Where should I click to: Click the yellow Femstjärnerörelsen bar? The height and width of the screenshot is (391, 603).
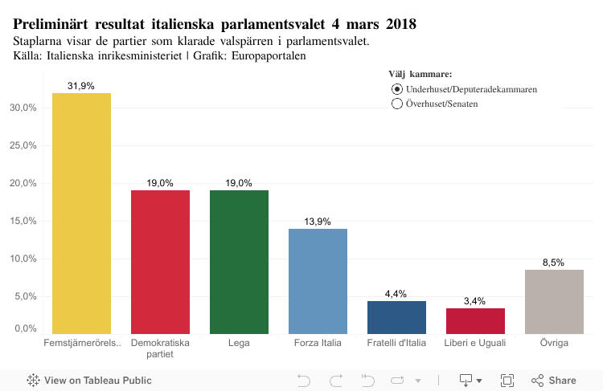81,213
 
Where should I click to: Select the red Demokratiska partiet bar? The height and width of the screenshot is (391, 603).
160,262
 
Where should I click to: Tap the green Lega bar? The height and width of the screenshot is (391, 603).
239,262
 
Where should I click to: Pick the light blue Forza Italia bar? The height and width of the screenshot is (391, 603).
318,281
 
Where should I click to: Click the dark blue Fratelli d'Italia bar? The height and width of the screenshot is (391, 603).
396,317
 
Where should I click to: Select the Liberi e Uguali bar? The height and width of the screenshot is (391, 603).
475,320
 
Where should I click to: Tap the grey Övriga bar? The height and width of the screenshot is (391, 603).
554,301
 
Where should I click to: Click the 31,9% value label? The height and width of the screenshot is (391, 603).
81,86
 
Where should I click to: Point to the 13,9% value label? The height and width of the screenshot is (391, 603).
318,222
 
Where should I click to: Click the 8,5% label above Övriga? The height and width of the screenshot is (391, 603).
553,263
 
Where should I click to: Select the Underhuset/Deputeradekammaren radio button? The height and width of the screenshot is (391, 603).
396,89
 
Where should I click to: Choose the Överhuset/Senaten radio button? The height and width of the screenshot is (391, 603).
396,104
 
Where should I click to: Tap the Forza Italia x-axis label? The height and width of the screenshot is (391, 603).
318,344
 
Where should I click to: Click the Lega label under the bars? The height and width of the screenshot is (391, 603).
239,344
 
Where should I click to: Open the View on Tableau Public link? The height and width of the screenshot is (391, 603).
89,380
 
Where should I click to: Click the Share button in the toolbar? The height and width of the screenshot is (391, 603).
554,380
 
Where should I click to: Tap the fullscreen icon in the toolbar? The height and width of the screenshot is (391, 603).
507,380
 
